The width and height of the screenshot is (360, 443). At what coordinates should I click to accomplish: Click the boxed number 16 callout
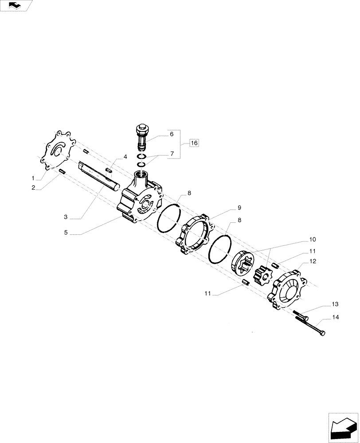click(194, 143)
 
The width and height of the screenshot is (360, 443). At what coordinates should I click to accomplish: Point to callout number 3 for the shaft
click(66, 217)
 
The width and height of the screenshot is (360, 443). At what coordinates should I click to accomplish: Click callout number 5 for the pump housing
click(66, 232)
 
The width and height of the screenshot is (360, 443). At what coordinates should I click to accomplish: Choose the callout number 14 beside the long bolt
click(335, 318)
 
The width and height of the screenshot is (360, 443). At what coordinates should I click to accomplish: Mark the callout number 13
click(335, 304)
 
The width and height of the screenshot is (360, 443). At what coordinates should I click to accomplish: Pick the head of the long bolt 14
click(322, 332)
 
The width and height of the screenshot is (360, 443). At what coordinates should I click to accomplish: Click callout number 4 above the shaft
click(125, 157)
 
